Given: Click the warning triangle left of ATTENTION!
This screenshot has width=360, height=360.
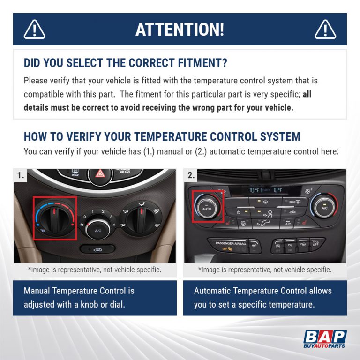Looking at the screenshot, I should coord(34,29).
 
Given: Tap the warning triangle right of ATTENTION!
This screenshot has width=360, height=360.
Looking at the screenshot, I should coord(325,29).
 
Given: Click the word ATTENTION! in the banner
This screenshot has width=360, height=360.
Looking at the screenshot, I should coord(180,29).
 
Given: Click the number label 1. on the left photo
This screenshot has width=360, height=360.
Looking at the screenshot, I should coord(21,176).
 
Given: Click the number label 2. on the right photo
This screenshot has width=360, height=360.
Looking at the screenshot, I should coord(191,176).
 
